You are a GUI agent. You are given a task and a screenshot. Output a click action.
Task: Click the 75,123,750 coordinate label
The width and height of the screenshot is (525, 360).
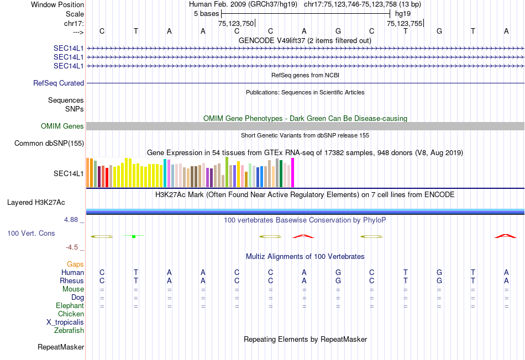click(236, 23)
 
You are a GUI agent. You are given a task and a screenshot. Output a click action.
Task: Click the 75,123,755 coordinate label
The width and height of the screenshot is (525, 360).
click(405, 23)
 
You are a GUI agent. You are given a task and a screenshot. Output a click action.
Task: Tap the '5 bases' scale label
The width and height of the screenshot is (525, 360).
click(206, 14)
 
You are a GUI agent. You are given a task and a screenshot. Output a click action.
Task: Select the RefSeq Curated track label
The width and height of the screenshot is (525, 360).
click(59, 83)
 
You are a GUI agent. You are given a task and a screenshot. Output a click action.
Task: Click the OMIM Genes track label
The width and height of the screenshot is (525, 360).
click(62, 126)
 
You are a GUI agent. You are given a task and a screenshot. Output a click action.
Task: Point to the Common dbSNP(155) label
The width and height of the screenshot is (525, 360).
click(49, 144)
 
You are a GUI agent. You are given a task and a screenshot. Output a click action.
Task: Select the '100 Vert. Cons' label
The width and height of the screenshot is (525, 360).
click(31, 234)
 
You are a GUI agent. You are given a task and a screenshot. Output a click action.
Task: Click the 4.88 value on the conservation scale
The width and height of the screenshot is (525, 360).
click(73, 220)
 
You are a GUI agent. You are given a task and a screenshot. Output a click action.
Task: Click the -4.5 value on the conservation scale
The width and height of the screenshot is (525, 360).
click(73, 247)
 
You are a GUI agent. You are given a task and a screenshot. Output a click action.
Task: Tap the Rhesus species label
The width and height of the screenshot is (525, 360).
click(72, 281)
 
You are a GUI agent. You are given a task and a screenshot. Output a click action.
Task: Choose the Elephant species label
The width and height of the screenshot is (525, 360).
click(70, 306)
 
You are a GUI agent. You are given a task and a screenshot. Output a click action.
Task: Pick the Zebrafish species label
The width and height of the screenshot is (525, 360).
click(69, 331)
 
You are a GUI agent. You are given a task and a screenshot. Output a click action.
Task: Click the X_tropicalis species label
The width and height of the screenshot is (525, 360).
click(65, 322)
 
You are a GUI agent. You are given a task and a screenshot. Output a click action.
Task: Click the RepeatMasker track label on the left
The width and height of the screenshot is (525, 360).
click(61, 347)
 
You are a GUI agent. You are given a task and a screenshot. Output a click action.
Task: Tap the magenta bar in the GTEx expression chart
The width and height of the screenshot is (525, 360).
click(293, 173)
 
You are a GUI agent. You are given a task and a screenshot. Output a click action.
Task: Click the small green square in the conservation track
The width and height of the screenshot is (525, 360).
click(134, 236)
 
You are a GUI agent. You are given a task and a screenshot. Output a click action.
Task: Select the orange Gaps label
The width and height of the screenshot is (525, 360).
click(75, 264)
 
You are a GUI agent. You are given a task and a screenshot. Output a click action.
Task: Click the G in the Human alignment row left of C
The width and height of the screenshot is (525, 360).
click(338, 273)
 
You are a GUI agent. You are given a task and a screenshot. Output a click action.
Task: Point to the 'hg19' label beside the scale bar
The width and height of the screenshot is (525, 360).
click(403, 14)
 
